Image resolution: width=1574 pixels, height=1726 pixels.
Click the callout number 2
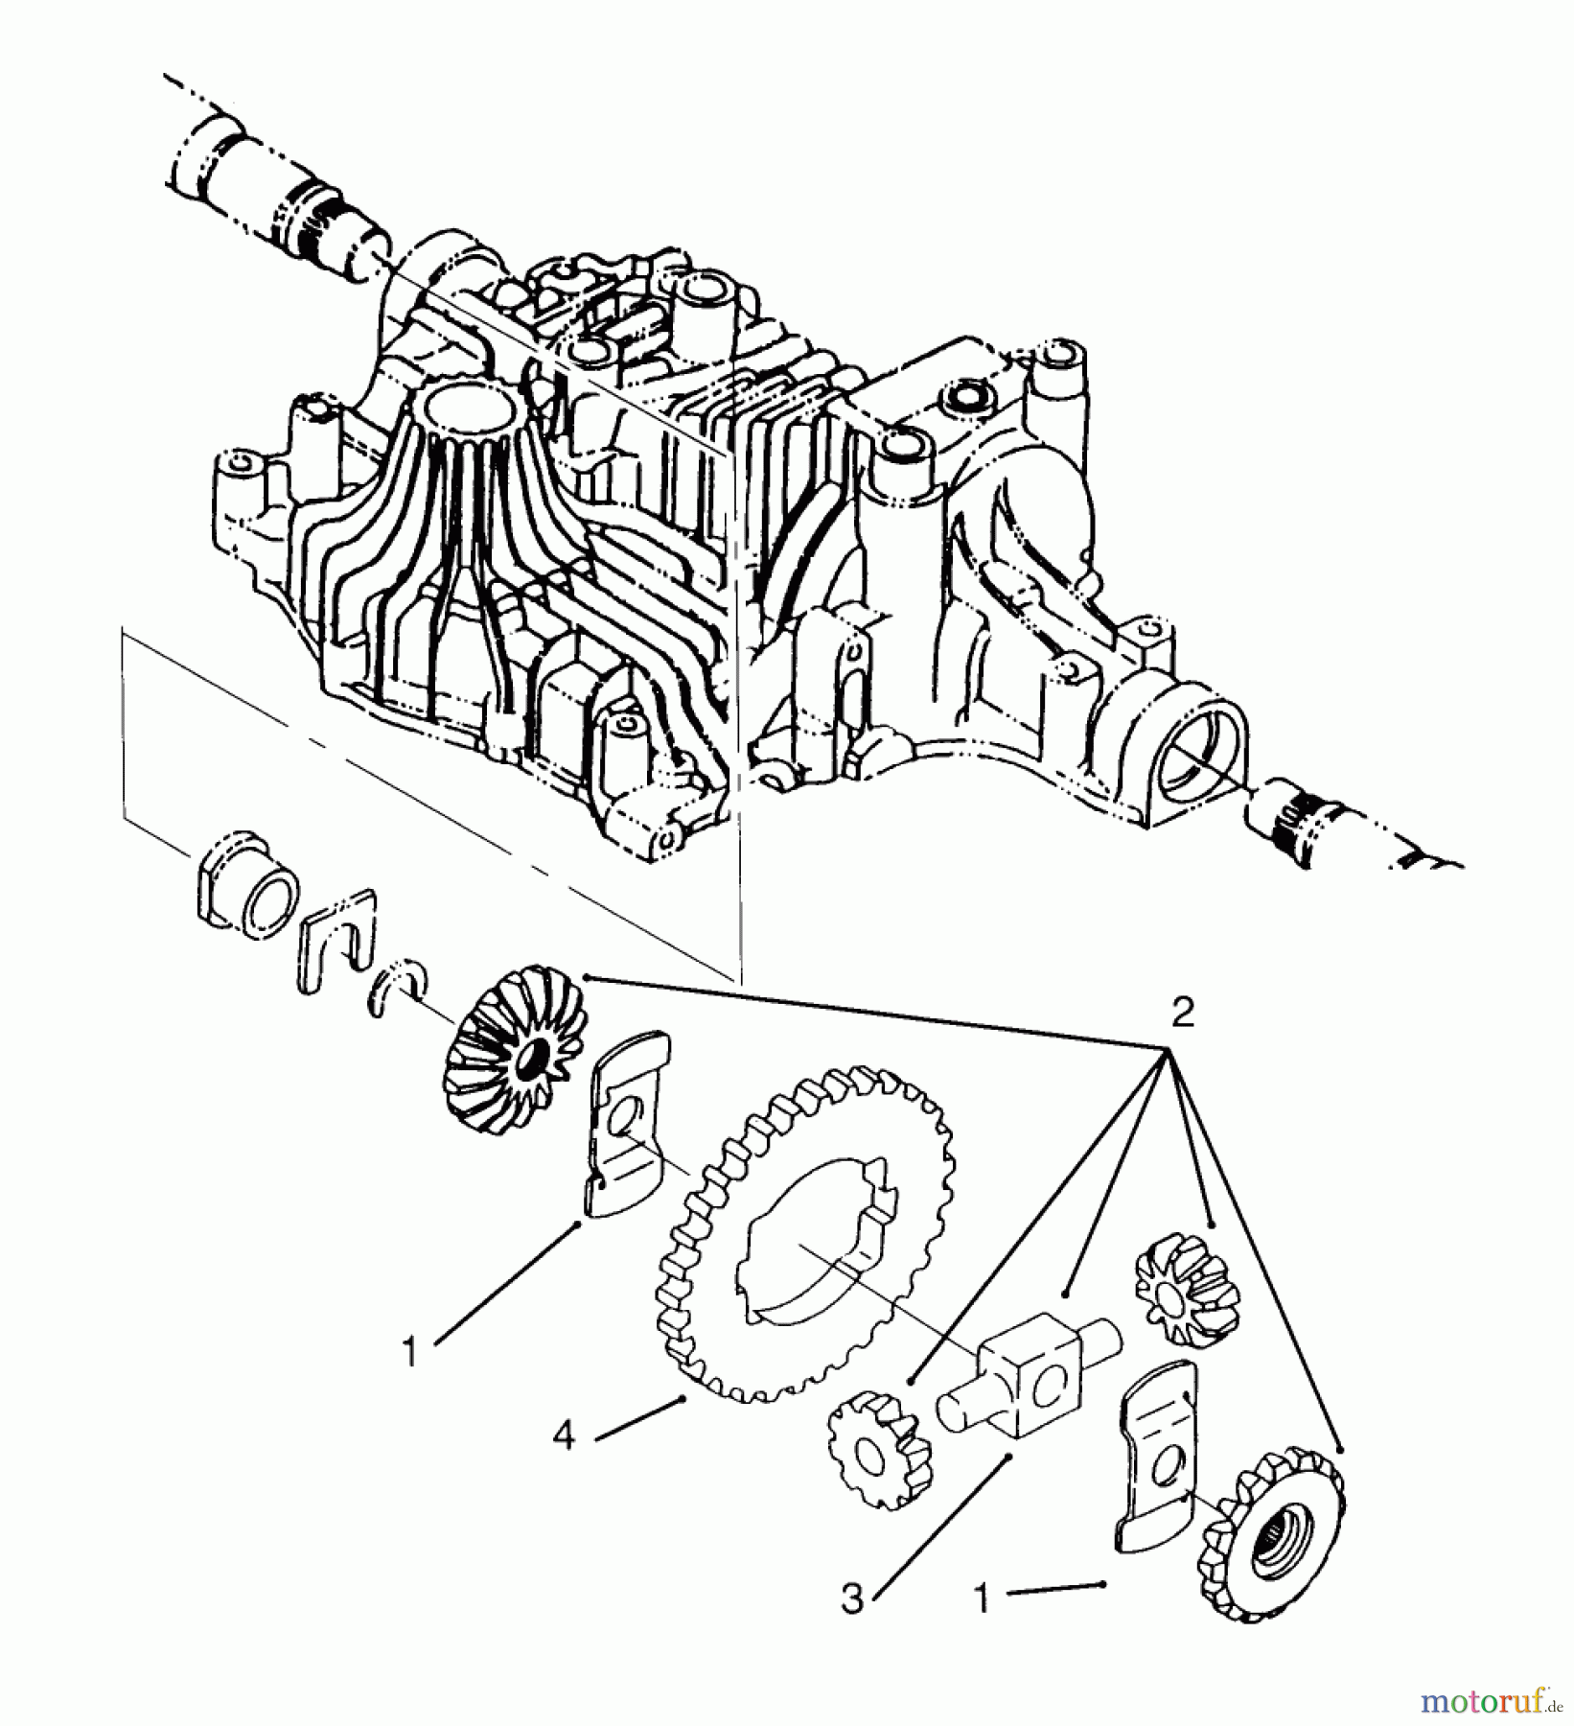1183,1013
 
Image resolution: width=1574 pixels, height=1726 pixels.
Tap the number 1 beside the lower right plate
981,1598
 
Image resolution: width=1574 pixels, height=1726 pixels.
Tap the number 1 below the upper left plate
410,1352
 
